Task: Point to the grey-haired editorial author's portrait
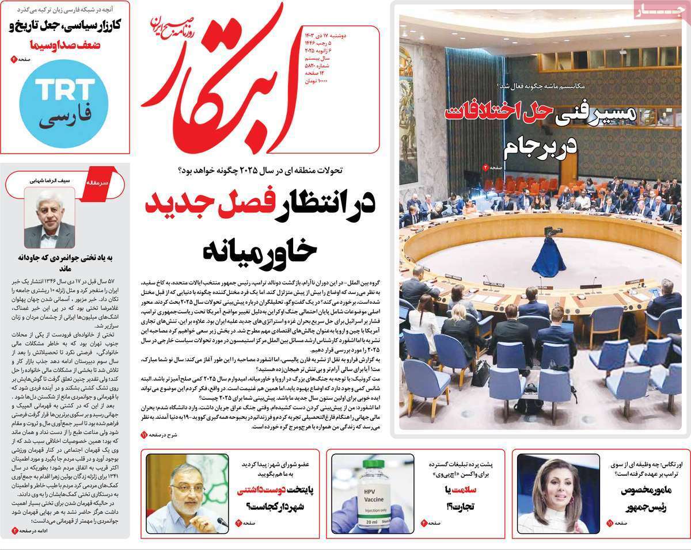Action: [x=49, y=219]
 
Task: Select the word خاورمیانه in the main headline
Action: [x=259, y=249]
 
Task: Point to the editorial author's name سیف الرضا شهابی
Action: [x=48, y=180]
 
